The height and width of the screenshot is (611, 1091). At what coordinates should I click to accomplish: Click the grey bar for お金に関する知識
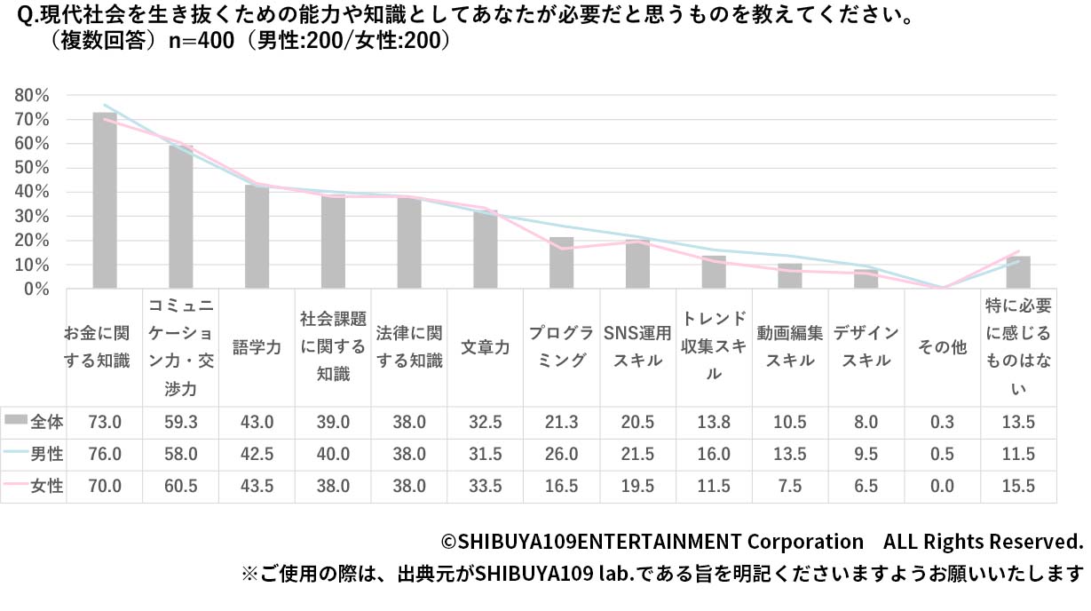click(105, 201)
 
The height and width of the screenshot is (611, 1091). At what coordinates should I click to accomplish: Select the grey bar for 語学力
click(257, 237)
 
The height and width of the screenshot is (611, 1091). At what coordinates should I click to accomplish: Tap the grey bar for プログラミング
click(561, 263)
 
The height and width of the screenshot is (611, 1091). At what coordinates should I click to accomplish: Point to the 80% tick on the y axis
click(32, 95)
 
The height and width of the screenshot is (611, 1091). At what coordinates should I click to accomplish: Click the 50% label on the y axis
click(32, 168)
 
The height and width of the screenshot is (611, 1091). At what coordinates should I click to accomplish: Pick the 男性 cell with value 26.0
click(562, 454)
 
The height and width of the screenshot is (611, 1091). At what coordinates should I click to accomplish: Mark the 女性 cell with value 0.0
click(942, 486)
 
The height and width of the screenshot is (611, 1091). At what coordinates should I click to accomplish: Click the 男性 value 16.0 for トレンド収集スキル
click(714, 454)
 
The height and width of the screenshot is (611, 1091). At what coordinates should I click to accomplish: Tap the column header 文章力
click(486, 347)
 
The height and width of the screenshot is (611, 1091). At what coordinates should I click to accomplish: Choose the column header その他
click(942, 347)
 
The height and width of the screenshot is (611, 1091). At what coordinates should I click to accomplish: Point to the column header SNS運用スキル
click(637, 347)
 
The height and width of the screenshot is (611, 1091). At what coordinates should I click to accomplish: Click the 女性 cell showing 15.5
click(1018, 486)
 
